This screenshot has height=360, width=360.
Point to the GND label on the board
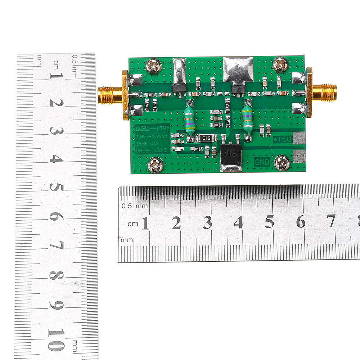(x=262, y=162)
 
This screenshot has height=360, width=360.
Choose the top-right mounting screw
(x=280, y=64)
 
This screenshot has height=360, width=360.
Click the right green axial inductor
(x=247, y=119)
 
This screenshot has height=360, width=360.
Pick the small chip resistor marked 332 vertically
(x=228, y=107)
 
